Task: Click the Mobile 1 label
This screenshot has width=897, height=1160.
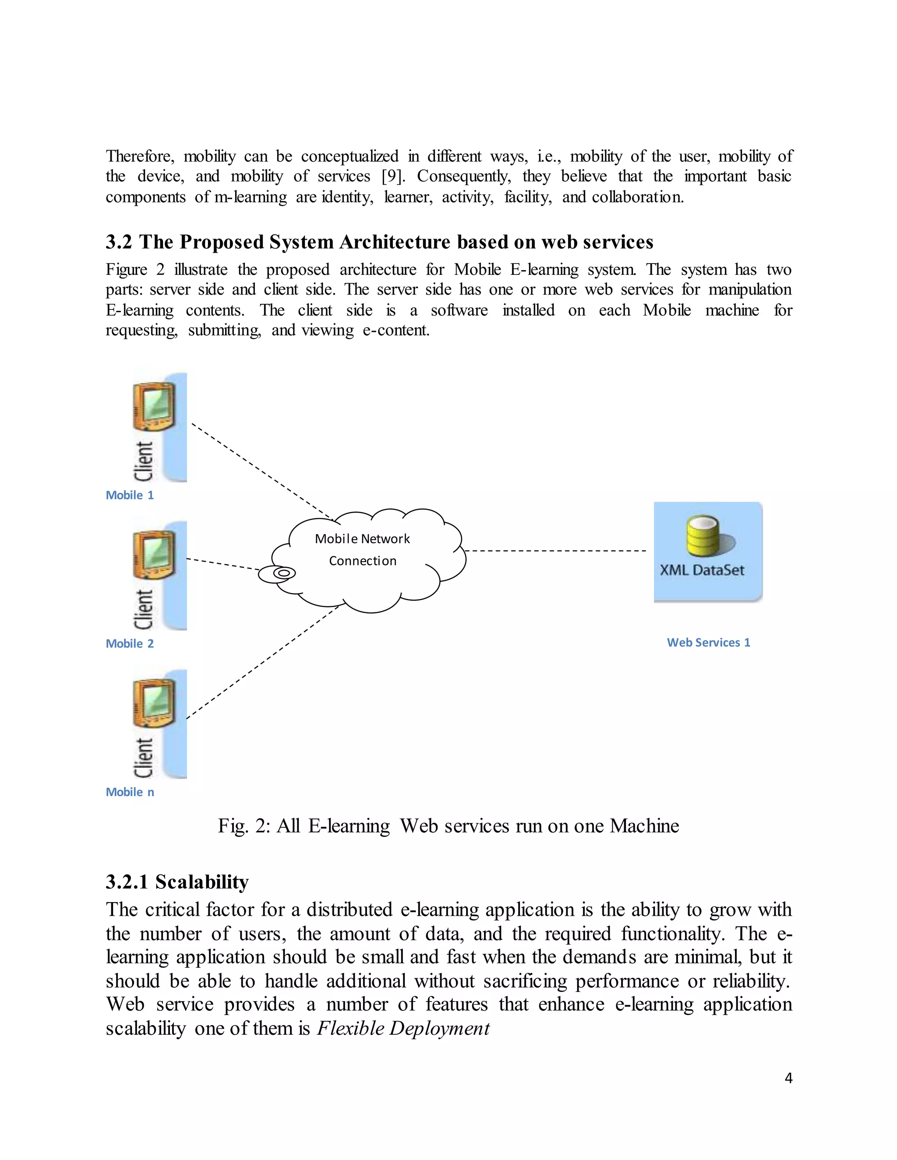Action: tap(130, 495)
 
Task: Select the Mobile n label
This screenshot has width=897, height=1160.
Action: tap(130, 792)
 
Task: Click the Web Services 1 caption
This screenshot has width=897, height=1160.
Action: tap(708, 642)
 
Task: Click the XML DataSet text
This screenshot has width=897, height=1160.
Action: tap(702, 570)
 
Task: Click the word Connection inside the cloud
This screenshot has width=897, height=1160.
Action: tap(362, 561)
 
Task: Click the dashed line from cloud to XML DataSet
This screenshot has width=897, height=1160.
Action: tap(555, 551)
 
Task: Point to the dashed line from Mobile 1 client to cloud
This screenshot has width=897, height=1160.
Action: tap(261, 470)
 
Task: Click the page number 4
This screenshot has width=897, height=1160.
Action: tap(788, 1078)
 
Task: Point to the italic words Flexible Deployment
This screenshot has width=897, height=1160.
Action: tap(403, 1028)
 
